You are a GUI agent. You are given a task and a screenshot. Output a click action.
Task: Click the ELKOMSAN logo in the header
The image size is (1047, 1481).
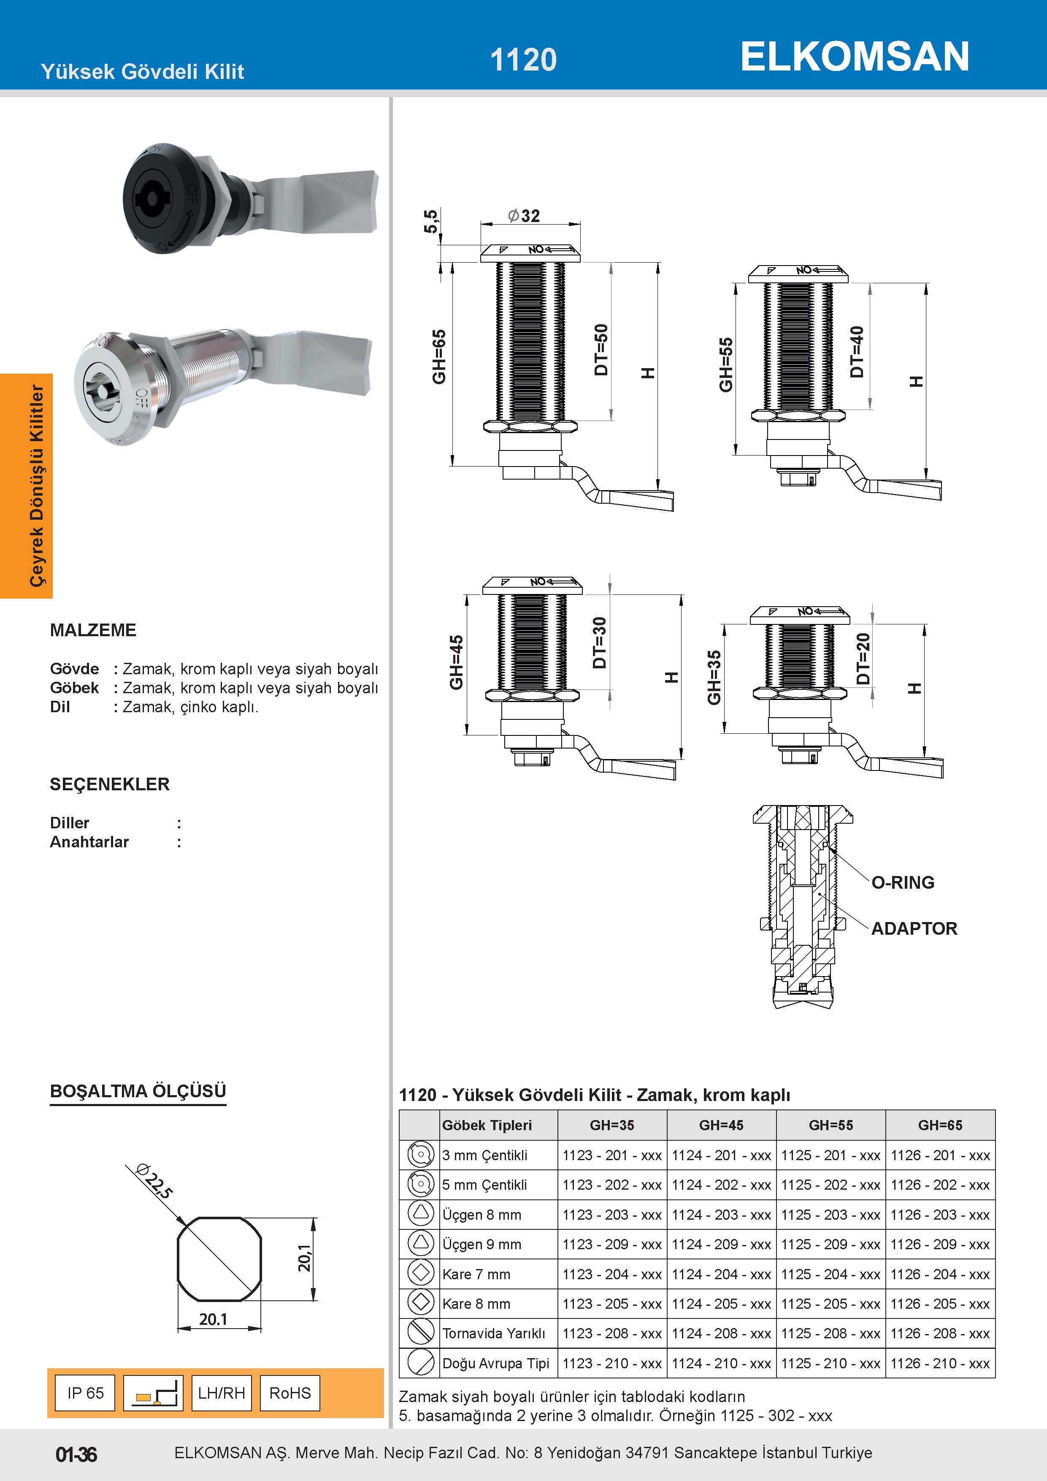[x=854, y=57]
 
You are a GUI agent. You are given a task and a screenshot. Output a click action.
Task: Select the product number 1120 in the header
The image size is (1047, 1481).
[x=523, y=60]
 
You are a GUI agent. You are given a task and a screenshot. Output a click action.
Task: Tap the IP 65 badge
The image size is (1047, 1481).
[x=85, y=1393]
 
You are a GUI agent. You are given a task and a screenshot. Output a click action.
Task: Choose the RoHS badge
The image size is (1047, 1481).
[x=289, y=1393]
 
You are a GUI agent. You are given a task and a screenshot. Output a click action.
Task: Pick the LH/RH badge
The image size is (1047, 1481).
[x=221, y=1393]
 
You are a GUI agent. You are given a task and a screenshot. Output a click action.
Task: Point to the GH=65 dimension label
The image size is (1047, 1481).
[x=439, y=357]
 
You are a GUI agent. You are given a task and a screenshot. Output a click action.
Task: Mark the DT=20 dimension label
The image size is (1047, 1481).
[x=863, y=659]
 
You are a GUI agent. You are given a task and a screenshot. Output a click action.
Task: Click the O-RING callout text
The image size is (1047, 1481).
[x=903, y=882]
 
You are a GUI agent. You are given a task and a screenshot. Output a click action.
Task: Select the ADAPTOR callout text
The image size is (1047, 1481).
[x=914, y=929]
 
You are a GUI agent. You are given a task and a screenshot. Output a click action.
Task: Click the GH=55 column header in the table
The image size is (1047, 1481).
[x=831, y=1125]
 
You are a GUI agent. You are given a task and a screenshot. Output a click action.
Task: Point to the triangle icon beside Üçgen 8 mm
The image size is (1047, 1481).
[x=420, y=1213]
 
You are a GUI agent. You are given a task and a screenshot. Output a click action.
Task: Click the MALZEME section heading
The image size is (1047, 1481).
[x=93, y=630]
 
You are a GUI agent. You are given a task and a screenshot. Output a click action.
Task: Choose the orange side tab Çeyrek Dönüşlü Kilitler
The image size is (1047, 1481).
[x=37, y=485]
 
